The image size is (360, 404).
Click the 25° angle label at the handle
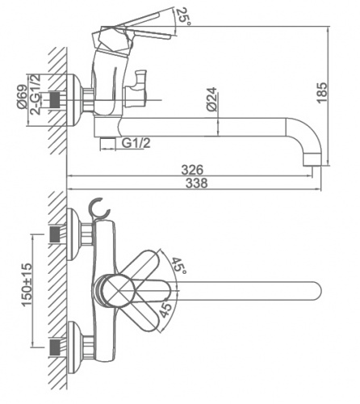(183, 16)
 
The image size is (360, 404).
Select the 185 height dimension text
(322, 93)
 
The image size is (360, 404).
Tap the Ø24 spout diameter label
(211, 99)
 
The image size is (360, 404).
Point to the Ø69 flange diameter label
(22, 97)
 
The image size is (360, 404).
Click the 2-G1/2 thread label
(36, 95)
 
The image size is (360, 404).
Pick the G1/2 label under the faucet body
(136, 143)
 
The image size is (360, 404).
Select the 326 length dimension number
(192, 170)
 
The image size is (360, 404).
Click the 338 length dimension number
(197, 183)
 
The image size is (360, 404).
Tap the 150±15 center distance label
(27, 284)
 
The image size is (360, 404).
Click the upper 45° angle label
(179, 265)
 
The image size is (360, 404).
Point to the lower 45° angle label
(165, 309)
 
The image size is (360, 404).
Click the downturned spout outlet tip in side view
(312, 161)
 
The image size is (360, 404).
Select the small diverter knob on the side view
(136, 89)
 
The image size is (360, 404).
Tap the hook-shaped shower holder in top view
(99, 209)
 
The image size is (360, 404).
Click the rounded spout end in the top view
(316, 292)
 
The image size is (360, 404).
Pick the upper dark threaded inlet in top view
(55, 234)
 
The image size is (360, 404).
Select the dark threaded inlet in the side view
(55, 100)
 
